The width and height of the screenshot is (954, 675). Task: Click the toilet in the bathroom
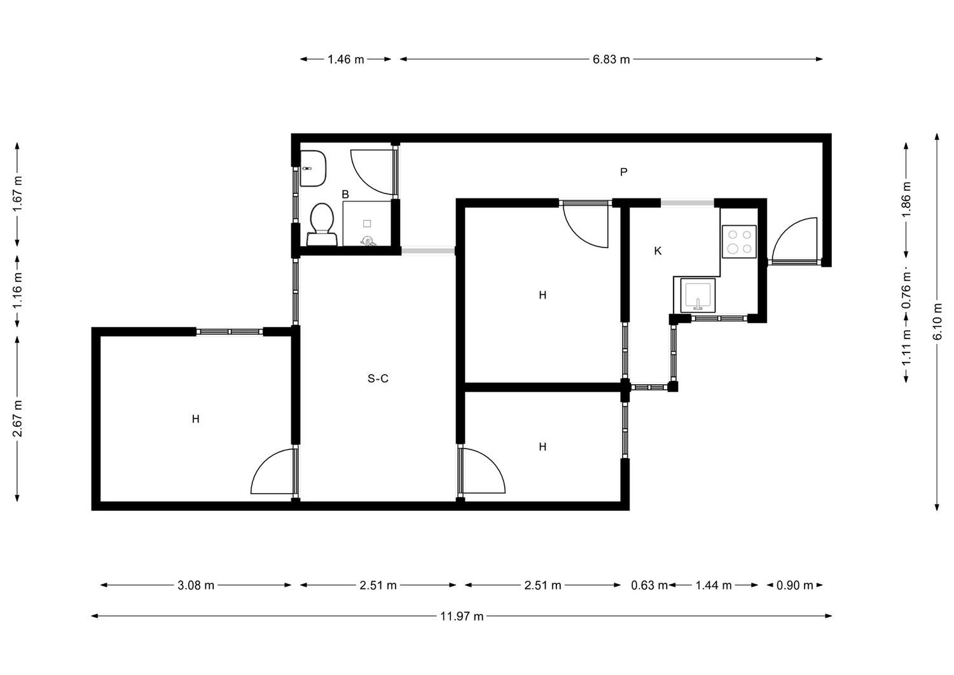pos(322,224)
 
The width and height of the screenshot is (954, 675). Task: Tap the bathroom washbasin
pos(313,169)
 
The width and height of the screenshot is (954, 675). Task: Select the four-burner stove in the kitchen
pos(739,242)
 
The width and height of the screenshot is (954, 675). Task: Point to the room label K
pos(658,251)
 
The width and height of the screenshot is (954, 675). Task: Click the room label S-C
pos(378,379)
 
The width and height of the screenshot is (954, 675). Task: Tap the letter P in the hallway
pos(623,172)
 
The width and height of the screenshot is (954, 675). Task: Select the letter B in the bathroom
pos(345,194)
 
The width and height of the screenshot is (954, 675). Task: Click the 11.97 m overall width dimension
pos(462,616)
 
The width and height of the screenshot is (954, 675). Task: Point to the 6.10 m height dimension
pos(937,322)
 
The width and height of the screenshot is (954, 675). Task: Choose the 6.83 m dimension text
pos(611,59)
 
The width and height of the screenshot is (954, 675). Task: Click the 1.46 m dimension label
pos(346,59)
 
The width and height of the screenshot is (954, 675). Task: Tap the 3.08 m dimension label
pos(196,585)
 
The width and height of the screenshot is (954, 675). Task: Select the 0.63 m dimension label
pos(649,585)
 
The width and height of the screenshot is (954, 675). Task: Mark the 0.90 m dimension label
pos(795,585)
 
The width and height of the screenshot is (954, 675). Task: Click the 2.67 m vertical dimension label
pos(17,419)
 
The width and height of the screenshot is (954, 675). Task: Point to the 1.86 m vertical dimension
pos(906,199)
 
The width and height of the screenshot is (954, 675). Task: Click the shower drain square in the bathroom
pos(367,224)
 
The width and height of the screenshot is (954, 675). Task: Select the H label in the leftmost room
pos(195,419)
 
